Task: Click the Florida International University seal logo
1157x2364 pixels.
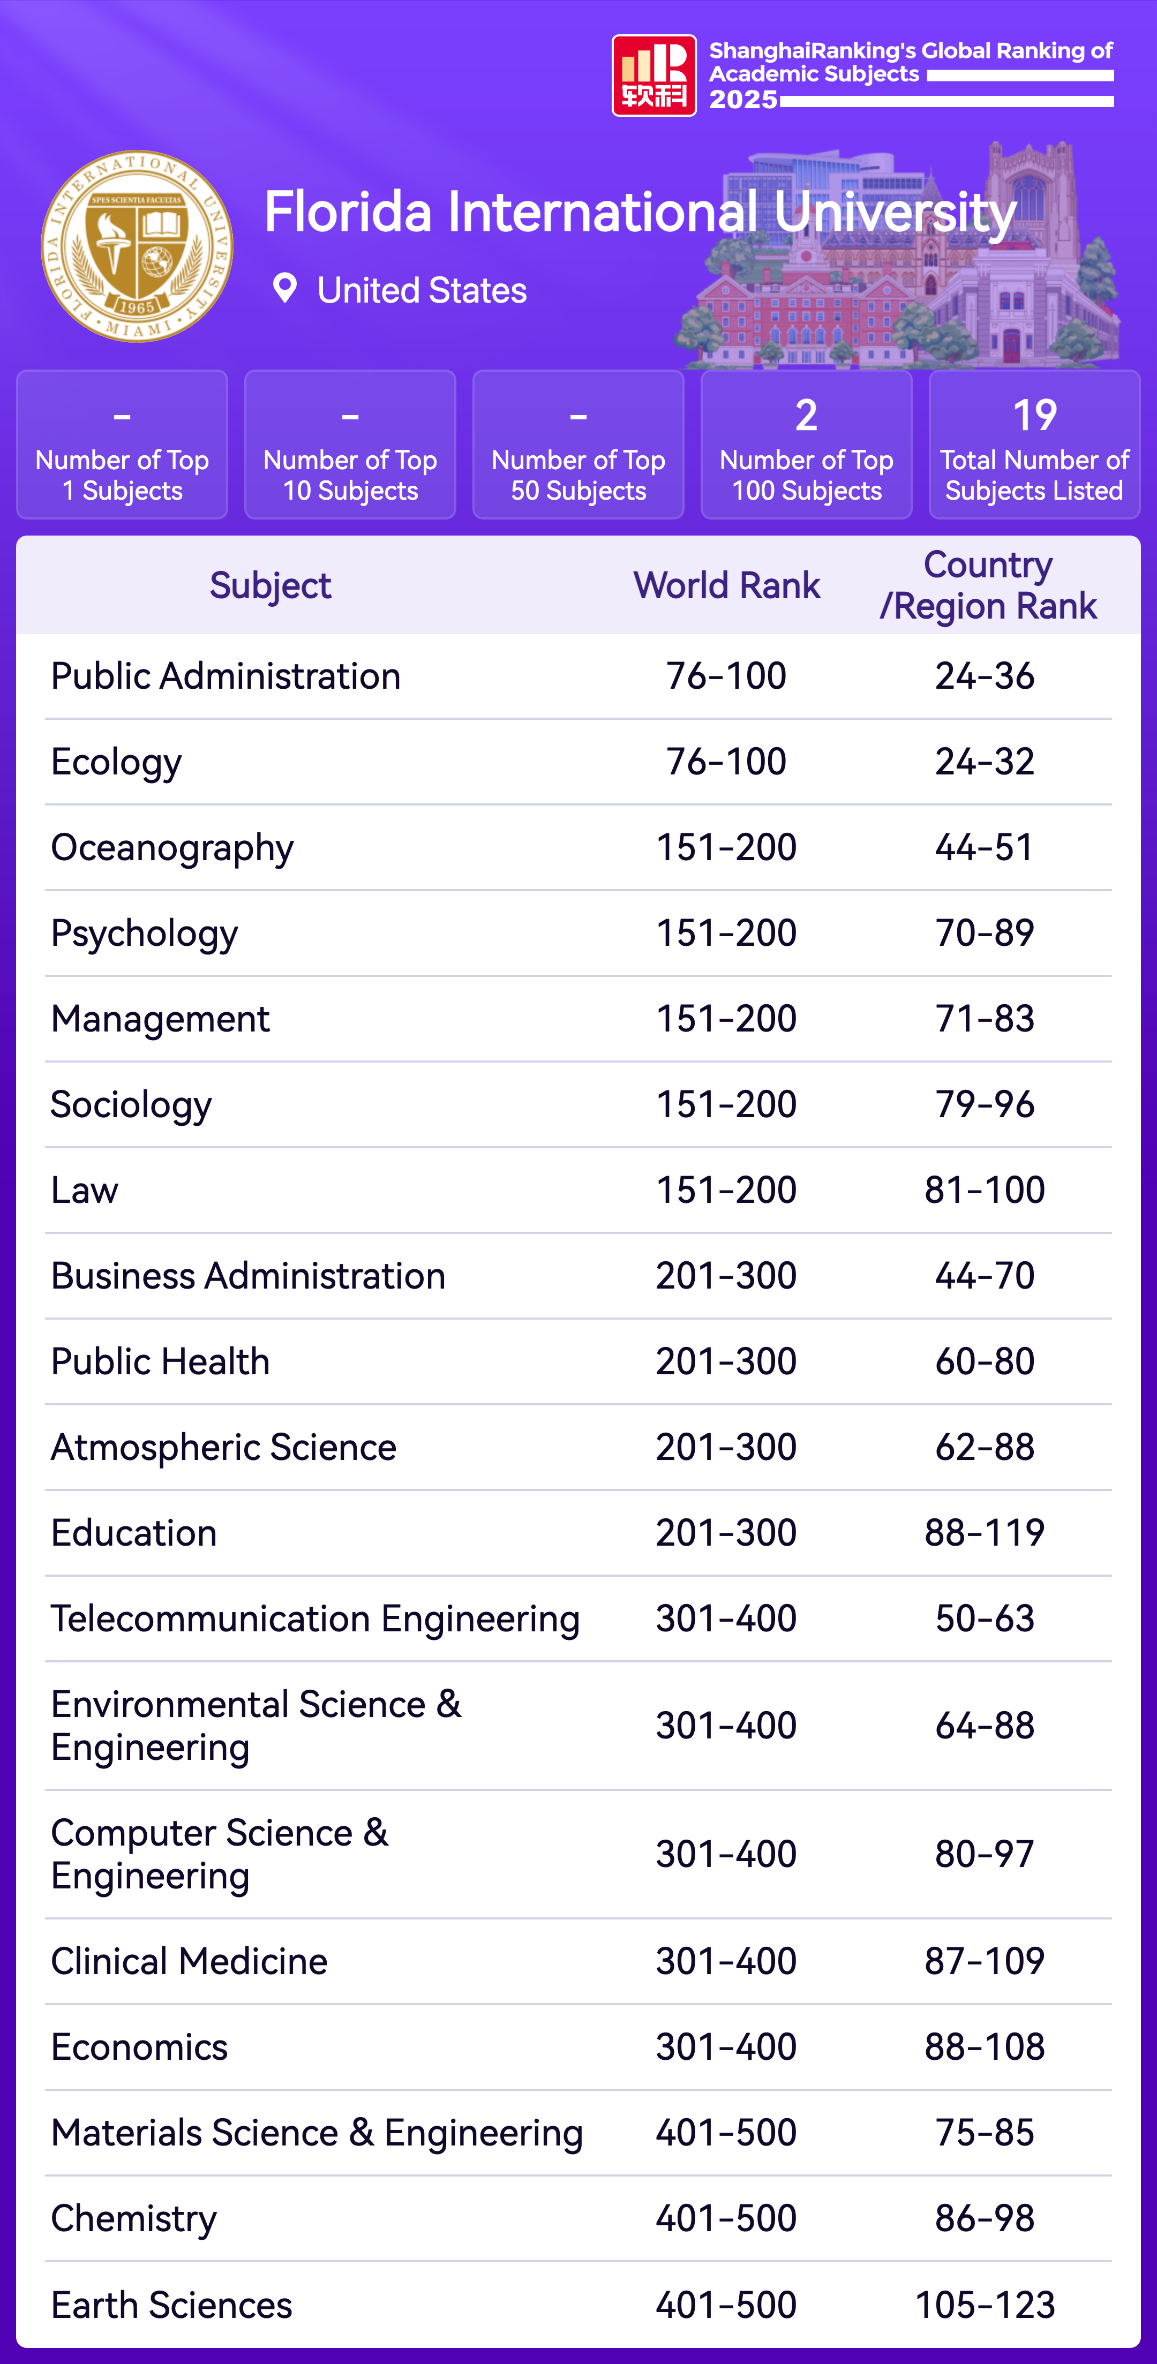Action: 137,246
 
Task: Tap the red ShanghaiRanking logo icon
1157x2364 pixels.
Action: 653,76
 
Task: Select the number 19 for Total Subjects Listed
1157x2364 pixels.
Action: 1034,416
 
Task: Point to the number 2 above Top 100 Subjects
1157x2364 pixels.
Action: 806,416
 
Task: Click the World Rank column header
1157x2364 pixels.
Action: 727,585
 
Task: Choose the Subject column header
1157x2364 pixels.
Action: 270,585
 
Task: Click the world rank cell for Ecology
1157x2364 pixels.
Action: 726,762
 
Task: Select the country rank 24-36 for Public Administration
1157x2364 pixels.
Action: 985,676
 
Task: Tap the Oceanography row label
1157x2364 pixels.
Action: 172,848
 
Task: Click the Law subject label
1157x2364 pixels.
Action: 85,1190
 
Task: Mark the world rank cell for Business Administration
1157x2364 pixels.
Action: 726,1276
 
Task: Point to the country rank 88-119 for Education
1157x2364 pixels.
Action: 985,1533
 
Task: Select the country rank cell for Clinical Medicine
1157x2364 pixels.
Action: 985,1961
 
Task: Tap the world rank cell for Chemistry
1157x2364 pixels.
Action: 726,2218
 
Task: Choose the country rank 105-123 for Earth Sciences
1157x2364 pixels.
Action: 985,2305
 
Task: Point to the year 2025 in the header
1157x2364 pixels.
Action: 743,99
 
